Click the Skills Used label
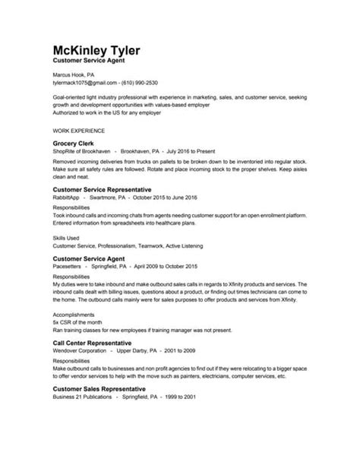click(x=69, y=238)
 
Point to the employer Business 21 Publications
click(x=87, y=399)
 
